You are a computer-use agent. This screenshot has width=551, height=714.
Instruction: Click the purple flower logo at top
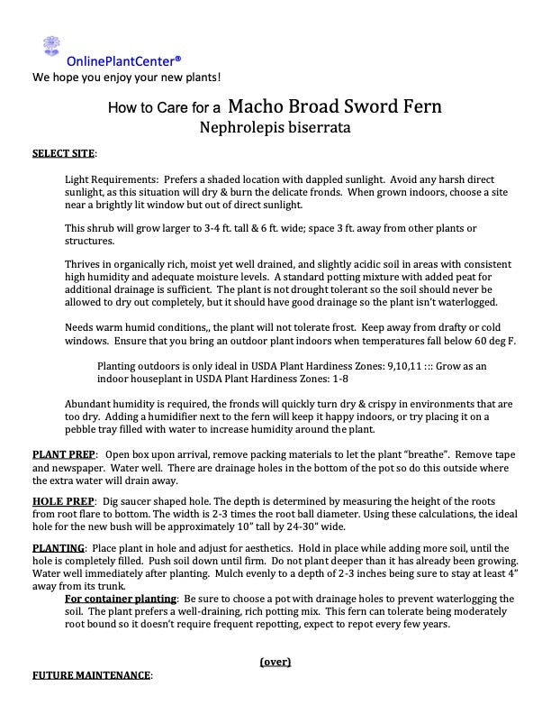pyautogui.click(x=51, y=46)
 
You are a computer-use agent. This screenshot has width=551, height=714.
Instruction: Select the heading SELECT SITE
pyautogui.click(x=64, y=152)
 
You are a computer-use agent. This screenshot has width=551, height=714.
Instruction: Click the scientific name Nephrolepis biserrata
pyautogui.click(x=275, y=128)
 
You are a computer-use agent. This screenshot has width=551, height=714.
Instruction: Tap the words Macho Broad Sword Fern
pyautogui.click(x=335, y=107)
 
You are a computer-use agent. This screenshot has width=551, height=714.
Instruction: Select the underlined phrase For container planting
pyautogui.click(x=122, y=599)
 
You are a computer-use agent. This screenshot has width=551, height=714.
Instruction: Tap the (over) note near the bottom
pyautogui.click(x=275, y=661)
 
